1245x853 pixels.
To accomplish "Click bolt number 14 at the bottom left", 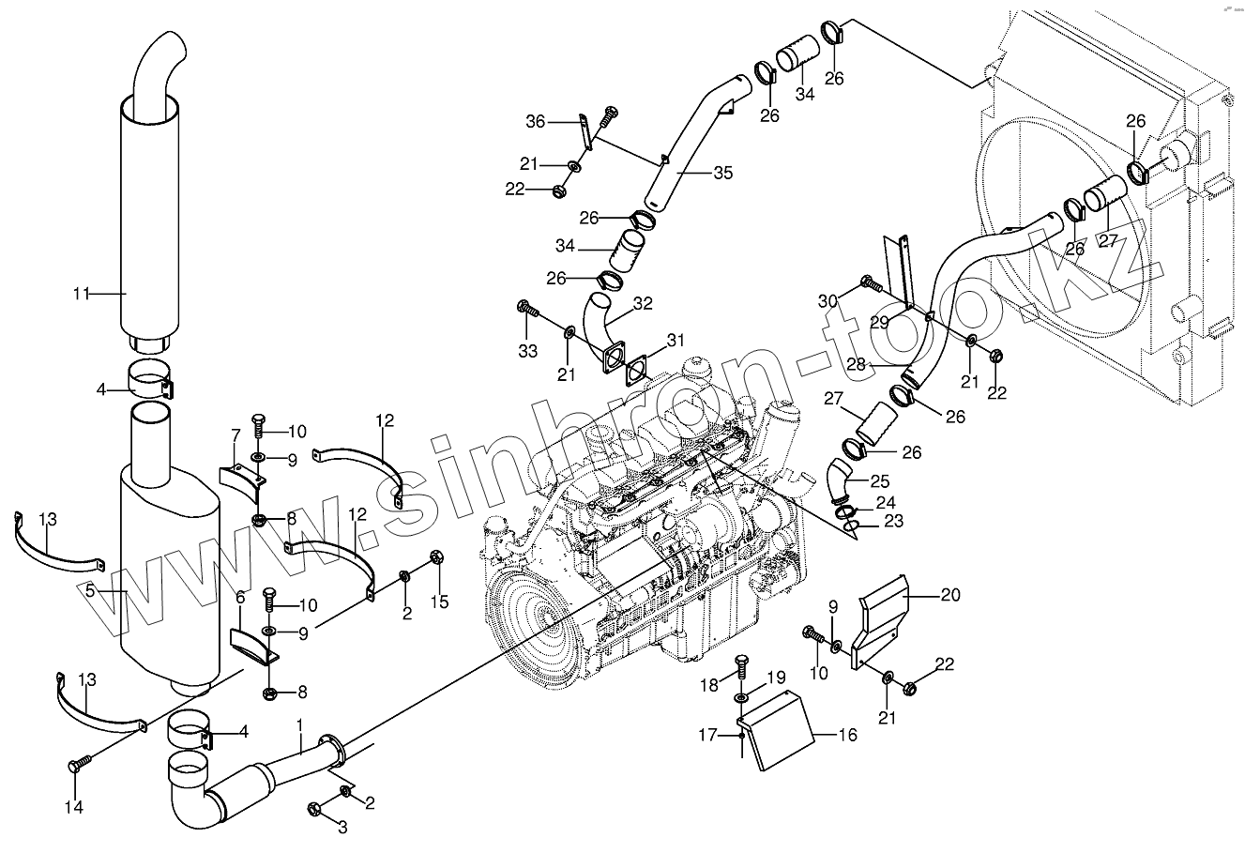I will tap(78, 766).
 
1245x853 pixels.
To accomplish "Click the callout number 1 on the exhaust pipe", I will tap(299, 725).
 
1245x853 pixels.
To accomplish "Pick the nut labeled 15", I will tap(435, 558).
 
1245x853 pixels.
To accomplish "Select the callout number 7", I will tap(236, 434).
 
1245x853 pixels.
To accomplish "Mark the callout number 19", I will tap(776, 676).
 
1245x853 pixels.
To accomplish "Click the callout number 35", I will tap(722, 173).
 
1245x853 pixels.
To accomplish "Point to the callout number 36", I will tap(535, 121).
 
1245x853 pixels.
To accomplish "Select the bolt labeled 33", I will tap(524, 309).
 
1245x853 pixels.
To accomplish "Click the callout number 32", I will tap(643, 303).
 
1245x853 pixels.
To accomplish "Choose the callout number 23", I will tap(893, 521).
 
